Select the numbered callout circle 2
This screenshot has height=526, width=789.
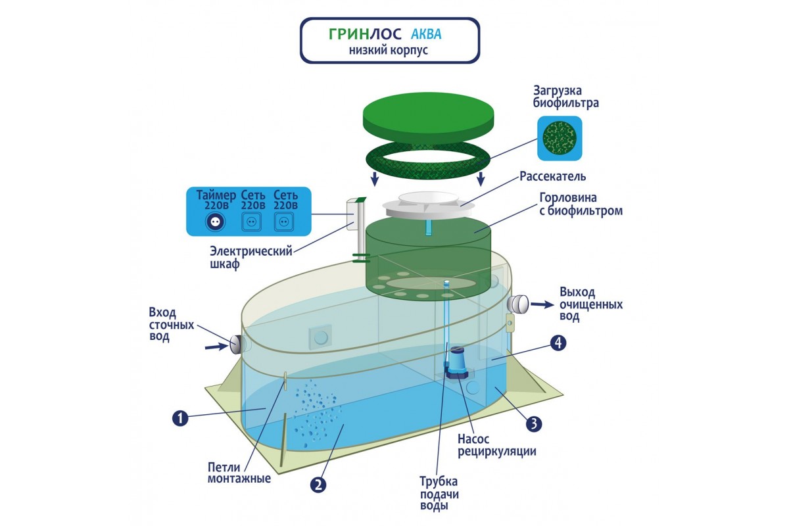tap(318, 484)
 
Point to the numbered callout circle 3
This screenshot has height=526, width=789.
tap(534, 424)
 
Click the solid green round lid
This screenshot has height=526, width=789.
tap(427, 118)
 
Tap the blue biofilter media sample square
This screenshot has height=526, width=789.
tap(560, 138)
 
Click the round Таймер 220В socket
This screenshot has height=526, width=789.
tap(214, 222)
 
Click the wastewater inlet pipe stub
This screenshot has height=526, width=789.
tap(237, 343)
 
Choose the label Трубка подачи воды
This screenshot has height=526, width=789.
tap(438, 493)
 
